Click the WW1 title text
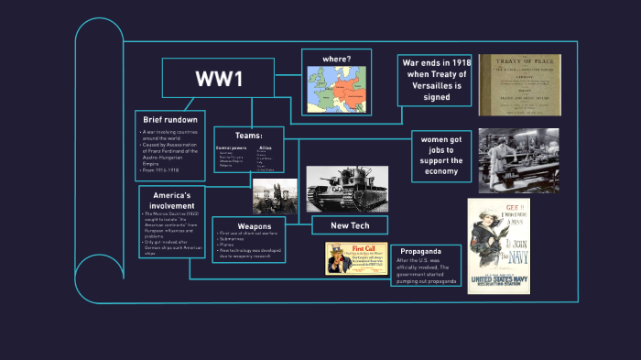[x=218, y=80]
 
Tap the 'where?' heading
[x=337, y=60]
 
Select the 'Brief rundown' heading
[x=171, y=120]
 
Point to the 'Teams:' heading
[x=249, y=135]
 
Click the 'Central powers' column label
[x=231, y=147]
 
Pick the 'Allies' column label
[x=266, y=147]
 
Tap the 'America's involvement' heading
[x=171, y=201]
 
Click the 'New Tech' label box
[x=349, y=224]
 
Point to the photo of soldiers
[x=274, y=196]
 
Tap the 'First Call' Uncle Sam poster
[x=355, y=258]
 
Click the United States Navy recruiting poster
[x=498, y=245]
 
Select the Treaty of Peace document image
[x=519, y=85]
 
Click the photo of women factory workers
[x=518, y=160]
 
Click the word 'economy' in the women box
[x=441, y=171]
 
